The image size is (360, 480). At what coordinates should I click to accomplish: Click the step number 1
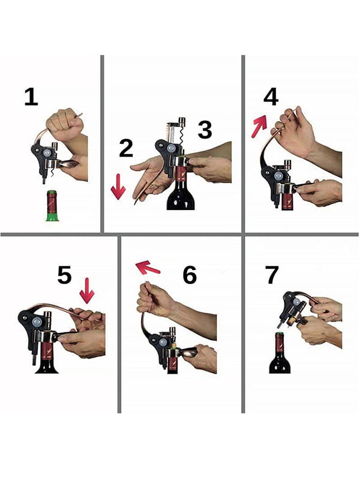(31, 97)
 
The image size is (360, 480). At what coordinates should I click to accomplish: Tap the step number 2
(126, 148)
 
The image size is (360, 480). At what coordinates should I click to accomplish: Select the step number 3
(205, 130)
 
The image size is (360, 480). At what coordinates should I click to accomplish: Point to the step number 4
(271, 97)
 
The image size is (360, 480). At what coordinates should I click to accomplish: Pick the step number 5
(65, 275)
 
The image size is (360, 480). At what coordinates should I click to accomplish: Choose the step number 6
(190, 275)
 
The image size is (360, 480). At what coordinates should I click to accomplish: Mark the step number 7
(272, 275)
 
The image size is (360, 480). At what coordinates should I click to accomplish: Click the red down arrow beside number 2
(118, 187)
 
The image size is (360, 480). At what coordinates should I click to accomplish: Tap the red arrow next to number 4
(259, 126)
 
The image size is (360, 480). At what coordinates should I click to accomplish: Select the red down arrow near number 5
(87, 291)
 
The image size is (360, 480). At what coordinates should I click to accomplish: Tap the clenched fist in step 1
(65, 124)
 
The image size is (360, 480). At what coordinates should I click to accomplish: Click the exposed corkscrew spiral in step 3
(182, 137)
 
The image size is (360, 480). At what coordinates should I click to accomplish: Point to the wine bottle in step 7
(280, 353)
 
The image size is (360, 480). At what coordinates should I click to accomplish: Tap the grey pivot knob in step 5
(37, 322)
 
